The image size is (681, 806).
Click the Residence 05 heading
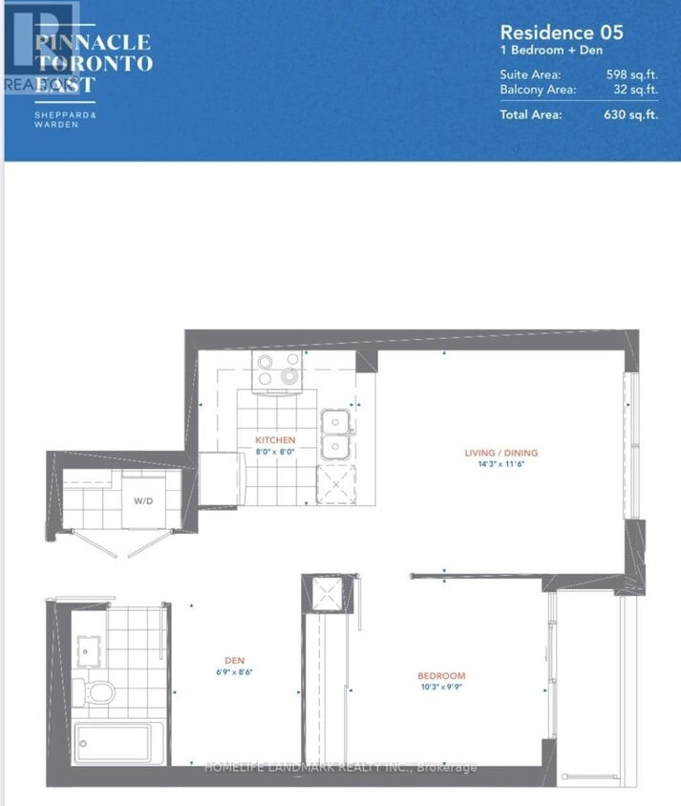tap(563, 32)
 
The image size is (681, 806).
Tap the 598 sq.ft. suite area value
tap(632, 74)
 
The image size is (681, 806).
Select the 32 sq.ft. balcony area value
tap(636, 90)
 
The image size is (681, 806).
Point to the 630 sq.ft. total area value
tap(632, 115)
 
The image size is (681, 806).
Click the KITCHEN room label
tap(274, 440)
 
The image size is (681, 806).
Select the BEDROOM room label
tap(441, 676)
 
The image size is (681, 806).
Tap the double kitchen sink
tap(336, 434)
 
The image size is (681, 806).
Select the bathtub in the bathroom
tap(113, 743)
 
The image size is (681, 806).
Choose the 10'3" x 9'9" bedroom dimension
tap(441, 688)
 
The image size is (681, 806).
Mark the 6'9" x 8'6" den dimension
tap(234, 672)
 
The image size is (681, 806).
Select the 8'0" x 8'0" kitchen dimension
tap(274, 452)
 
